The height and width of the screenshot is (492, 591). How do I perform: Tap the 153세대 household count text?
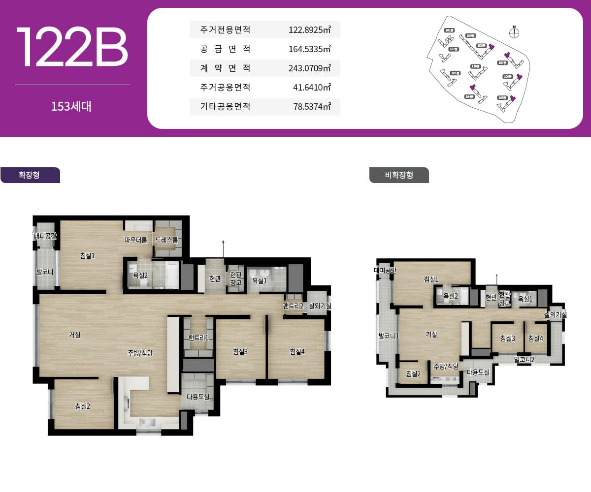(71, 106)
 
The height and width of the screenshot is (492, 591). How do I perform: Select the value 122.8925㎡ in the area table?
(309, 30)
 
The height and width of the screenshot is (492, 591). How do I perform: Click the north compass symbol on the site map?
(514, 33)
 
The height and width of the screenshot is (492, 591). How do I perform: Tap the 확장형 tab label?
(29, 175)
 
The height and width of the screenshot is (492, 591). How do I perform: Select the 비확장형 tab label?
(399, 175)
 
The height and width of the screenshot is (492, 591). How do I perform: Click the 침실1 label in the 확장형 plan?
(87, 255)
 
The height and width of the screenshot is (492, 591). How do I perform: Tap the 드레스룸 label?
(166, 240)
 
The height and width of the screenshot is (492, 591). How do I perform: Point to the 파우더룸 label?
(136, 240)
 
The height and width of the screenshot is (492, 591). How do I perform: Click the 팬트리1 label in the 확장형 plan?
(198, 338)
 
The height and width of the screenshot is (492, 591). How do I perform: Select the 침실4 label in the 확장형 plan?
(297, 351)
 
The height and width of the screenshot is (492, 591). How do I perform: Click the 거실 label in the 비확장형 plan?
(431, 335)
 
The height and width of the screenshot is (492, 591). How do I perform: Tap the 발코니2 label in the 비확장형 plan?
(524, 360)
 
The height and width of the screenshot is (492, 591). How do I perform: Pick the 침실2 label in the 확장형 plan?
(82, 406)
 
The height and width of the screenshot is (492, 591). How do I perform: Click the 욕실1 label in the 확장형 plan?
(260, 281)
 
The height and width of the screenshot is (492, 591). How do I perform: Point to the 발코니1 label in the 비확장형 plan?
(389, 336)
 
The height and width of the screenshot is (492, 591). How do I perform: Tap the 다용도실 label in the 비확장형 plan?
(478, 372)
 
